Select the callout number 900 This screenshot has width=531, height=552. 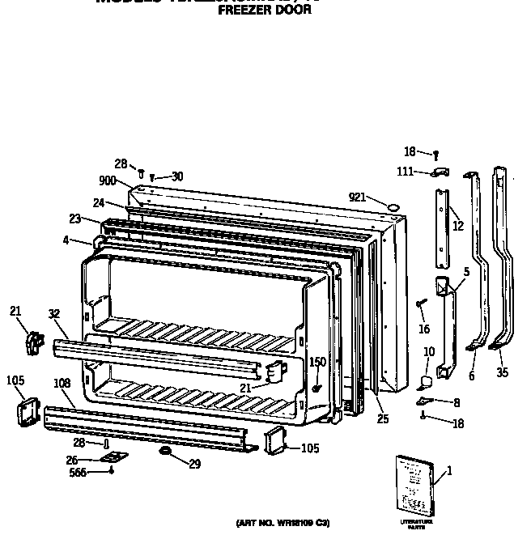pyautogui.click(x=108, y=180)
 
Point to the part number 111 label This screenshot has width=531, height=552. pyautogui.click(x=406, y=172)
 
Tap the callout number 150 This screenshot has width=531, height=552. pyautogui.click(x=317, y=362)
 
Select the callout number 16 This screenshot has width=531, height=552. pyautogui.click(x=424, y=329)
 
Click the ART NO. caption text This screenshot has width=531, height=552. pyautogui.click(x=282, y=524)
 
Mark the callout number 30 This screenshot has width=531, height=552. pyautogui.click(x=177, y=176)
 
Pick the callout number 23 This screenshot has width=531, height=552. pyautogui.click(x=74, y=218)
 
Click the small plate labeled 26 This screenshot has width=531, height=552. pyautogui.click(x=111, y=457)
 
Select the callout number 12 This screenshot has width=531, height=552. pyautogui.click(x=458, y=226)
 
